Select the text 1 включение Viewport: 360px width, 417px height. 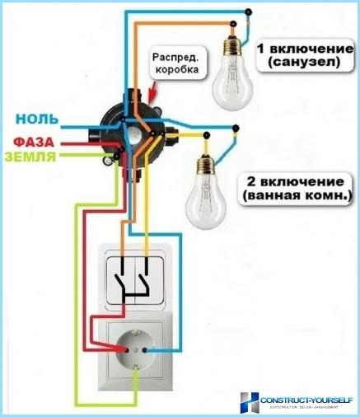pos(300,46)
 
